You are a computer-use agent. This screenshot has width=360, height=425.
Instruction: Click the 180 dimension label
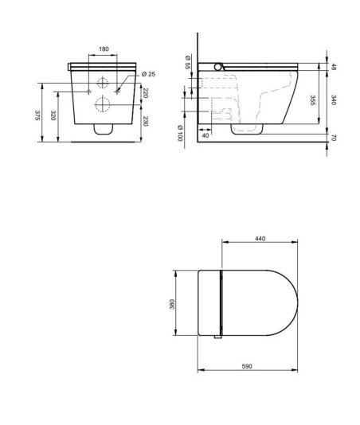(104, 49)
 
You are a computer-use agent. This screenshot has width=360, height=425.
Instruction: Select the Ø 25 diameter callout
(149, 74)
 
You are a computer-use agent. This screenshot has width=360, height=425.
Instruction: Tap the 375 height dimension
(37, 115)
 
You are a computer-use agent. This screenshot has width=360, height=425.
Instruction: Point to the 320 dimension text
(53, 115)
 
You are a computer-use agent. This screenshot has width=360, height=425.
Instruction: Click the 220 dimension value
(145, 93)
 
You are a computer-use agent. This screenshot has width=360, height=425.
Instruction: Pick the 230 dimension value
(145, 121)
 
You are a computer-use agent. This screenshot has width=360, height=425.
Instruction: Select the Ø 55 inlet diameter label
(188, 62)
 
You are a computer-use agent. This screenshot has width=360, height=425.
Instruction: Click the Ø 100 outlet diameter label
(180, 133)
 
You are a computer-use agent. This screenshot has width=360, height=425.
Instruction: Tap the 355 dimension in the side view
(313, 100)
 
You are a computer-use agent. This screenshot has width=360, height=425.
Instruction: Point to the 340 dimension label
(334, 100)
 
